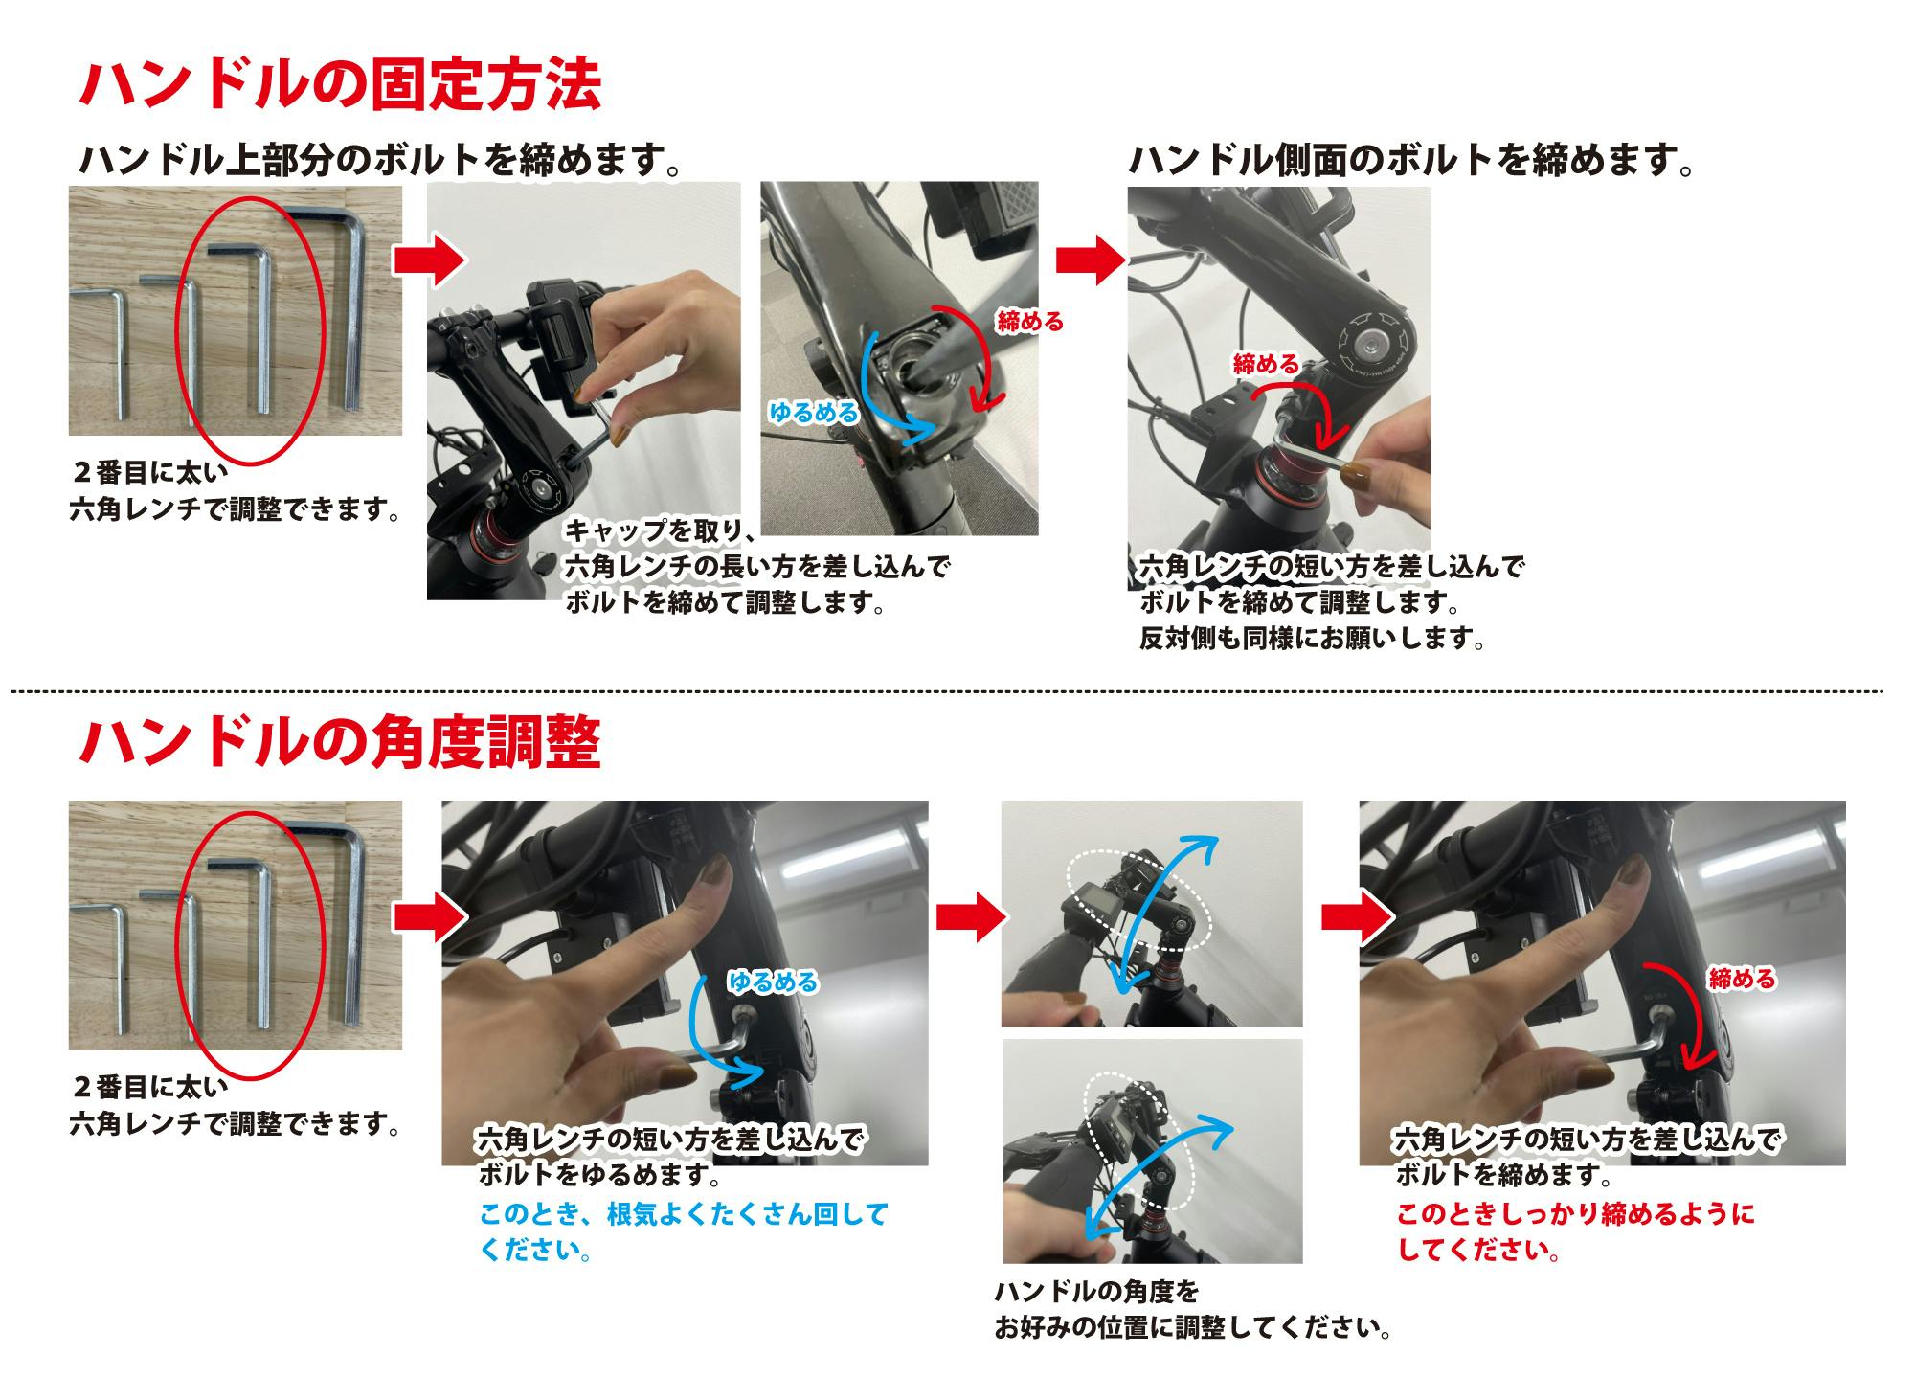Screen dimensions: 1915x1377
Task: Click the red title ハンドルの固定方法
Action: coord(340,87)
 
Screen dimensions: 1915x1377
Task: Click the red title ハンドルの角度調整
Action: coord(340,743)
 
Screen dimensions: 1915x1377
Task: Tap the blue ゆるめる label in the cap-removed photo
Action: coord(814,412)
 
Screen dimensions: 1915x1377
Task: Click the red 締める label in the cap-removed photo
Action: coord(1030,321)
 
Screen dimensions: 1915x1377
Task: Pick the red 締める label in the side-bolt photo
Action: coord(1266,364)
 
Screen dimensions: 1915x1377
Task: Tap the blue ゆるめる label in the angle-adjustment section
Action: coord(774,982)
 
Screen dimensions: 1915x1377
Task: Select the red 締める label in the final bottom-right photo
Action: coord(1742,979)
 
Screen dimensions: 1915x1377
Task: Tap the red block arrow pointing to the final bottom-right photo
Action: coord(1357,916)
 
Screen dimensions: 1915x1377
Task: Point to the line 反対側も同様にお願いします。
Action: coord(1312,639)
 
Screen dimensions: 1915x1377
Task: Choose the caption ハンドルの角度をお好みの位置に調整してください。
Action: coord(1193,1311)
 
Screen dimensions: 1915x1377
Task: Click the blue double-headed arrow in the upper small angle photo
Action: coord(1165,913)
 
